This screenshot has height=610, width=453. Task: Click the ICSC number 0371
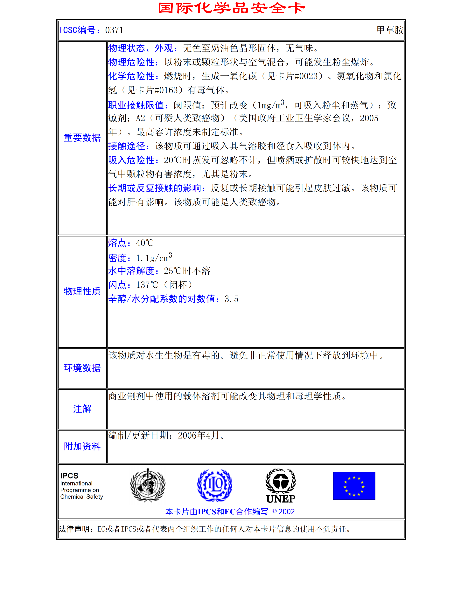click(x=114, y=30)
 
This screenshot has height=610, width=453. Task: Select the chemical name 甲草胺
click(x=390, y=30)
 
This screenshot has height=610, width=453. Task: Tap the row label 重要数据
click(x=82, y=138)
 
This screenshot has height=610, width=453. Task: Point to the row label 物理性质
click(x=82, y=291)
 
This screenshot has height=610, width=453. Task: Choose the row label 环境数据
click(x=82, y=368)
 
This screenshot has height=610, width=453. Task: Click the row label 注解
click(x=82, y=409)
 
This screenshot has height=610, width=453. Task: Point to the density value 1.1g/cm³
click(x=154, y=258)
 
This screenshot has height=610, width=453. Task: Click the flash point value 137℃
click(x=147, y=285)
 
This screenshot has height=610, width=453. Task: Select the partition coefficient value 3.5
click(x=231, y=299)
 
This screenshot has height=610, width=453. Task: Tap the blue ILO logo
click(x=215, y=485)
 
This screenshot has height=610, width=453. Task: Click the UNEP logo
click(x=281, y=486)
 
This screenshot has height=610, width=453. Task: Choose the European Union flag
click(x=354, y=486)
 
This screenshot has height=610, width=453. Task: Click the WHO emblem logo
click(x=148, y=485)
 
